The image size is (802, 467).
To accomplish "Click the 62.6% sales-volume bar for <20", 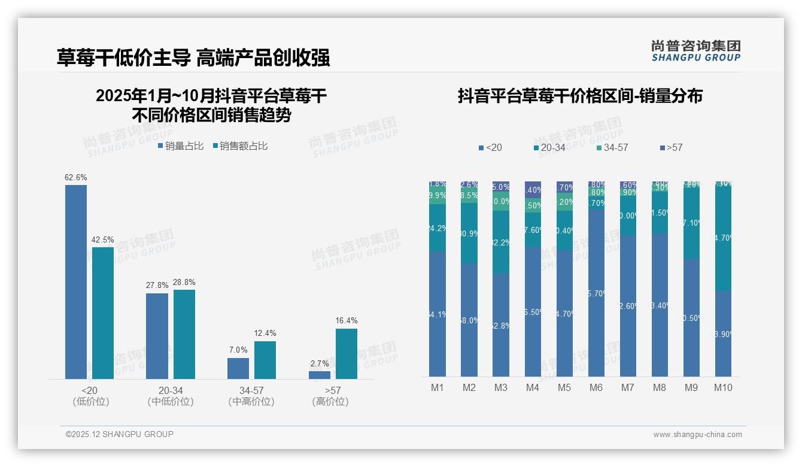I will [x=76, y=281].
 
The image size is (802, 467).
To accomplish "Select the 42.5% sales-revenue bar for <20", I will [x=102, y=313].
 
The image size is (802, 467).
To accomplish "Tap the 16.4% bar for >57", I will [x=346, y=353].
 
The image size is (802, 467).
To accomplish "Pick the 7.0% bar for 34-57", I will [x=238, y=368].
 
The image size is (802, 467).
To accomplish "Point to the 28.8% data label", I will [x=184, y=282].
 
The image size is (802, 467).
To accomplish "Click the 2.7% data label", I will [x=319, y=363].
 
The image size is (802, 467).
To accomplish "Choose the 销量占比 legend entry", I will [x=180, y=146].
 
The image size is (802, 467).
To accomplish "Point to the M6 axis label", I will [x=596, y=387].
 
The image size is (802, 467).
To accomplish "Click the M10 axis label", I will [x=723, y=387].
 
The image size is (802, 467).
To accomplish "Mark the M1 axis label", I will [x=438, y=387].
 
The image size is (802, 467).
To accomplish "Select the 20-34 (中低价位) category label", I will [x=170, y=396].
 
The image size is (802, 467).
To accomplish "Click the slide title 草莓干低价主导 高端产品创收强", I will [x=193, y=58].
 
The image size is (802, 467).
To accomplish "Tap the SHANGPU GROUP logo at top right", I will [x=695, y=51].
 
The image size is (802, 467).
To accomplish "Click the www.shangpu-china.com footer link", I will [x=697, y=435].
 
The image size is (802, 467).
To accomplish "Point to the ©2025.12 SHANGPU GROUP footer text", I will [x=120, y=434].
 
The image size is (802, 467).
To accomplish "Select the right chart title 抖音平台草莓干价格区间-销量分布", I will [x=580, y=96].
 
